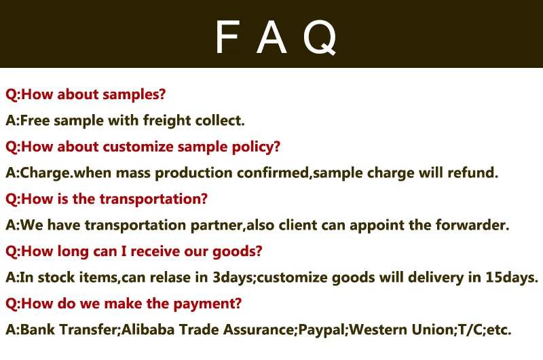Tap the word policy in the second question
[x=261, y=147]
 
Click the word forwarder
[x=474, y=226]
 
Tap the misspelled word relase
[x=168, y=278]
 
